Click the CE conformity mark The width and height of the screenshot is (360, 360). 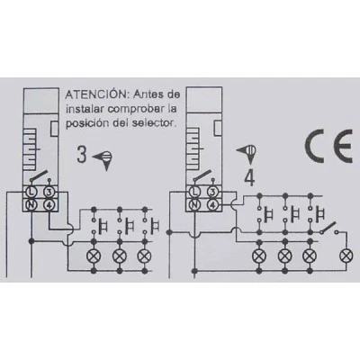(x=328, y=147)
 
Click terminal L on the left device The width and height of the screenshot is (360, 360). (x=31, y=192)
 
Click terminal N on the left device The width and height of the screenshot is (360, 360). (x=31, y=205)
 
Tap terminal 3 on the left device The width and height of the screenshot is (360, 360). (x=49, y=192)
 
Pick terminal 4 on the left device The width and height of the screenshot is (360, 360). (x=49, y=205)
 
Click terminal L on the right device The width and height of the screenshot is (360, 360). (x=194, y=192)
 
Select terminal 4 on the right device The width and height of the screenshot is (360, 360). (x=212, y=205)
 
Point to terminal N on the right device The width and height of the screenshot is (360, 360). (x=194, y=205)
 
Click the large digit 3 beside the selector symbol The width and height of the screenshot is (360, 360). (x=82, y=155)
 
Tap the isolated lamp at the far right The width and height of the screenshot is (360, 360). (x=346, y=256)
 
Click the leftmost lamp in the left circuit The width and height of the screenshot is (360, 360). (x=94, y=256)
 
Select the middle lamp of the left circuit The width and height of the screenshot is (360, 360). (x=120, y=256)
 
